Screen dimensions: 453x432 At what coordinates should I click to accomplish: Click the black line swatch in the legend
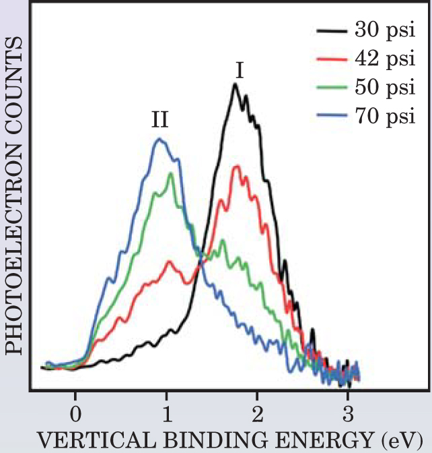point(331,31)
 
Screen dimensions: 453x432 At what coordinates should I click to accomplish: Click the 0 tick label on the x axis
point(75,411)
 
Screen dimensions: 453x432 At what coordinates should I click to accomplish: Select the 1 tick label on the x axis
point(166,411)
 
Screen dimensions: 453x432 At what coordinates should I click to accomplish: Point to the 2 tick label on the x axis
point(256,411)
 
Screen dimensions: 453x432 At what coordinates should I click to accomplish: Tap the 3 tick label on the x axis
point(347,411)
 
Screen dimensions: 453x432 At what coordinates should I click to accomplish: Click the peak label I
point(239,70)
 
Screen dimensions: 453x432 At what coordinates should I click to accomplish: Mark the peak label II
point(159,121)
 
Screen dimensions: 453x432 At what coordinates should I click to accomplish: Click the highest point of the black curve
point(235,84)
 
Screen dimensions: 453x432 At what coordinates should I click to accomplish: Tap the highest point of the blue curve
point(159,139)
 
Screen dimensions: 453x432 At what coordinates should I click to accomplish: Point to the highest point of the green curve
point(171,174)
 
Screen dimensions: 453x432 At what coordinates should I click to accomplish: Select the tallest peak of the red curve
point(236,166)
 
